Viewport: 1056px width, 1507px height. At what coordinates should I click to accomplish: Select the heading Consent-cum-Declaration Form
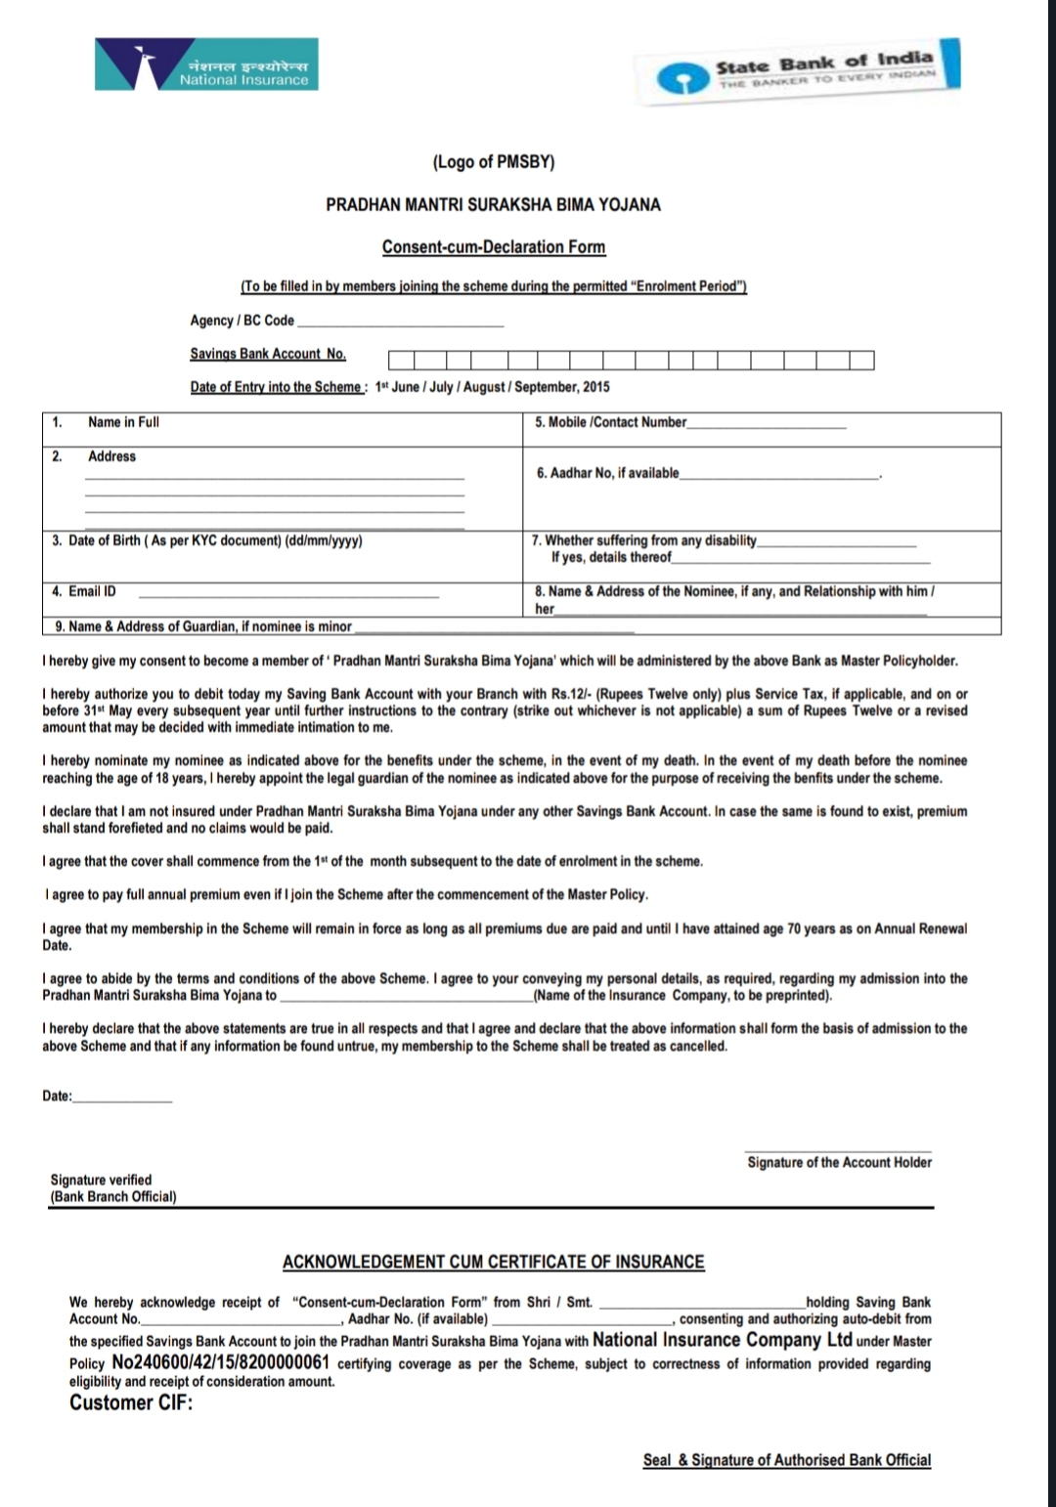[494, 247]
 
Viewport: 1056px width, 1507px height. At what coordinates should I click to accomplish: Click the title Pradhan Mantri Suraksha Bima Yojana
[493, 205]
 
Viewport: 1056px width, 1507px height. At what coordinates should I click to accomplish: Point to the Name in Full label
[123, 422]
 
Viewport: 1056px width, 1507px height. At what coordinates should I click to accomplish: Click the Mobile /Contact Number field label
[610, 422]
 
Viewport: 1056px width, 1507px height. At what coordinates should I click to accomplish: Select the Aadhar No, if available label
[607, 473]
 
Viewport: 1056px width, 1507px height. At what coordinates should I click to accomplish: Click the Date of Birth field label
[206, 540]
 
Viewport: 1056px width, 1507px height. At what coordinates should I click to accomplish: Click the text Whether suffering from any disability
[644, 540]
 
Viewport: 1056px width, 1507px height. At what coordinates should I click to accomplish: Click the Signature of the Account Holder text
[839, 1162]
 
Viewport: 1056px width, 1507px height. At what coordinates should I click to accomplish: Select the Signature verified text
[101, 1180]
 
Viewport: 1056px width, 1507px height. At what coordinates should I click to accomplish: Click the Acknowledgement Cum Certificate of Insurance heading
[493, 1262]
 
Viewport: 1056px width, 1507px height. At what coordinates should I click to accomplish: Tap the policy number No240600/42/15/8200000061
[220, 1362]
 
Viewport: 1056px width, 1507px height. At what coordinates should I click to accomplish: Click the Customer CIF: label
[131, 1402]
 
